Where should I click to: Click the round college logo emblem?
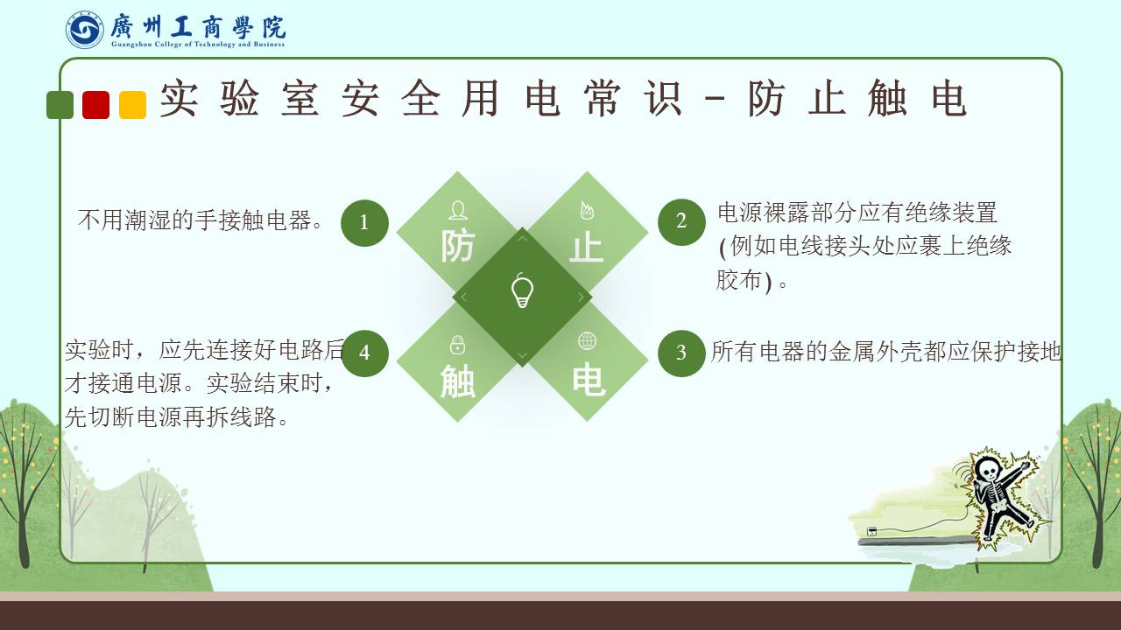click(x=85, y=30)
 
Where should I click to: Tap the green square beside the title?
click(x=60, y=105)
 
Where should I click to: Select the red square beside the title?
click(x=96, y=105)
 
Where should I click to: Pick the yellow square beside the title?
click(x=132, y=105)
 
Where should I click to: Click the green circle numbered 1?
click(x=364, y=223)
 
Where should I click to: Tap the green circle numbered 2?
click(x=681, y=222)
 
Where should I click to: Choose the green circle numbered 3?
click(x=681, y=353)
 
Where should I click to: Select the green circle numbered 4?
click(x=364, y=353)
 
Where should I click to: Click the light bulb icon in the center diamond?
click(x=522, y=291)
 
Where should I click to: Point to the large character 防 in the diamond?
click(x=457, y=246)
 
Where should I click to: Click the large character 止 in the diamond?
click(x=587, y=247)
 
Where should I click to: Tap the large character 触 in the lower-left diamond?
click(x=457, y=381)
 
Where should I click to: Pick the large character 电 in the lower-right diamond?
click(x=589, y=380)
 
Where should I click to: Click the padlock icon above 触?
click(x=457, y=345)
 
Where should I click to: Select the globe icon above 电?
click(x=587, y=341)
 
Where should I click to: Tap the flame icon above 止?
click(x=587, y=211)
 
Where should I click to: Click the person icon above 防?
click(x=458, y=211)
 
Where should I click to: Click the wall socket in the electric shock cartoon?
click(x=871, y=531)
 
